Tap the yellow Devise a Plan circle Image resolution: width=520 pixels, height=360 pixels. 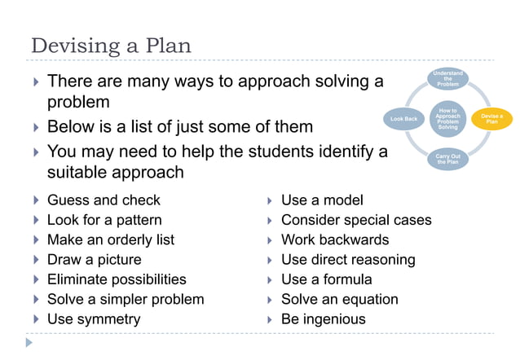[x=491, y=119]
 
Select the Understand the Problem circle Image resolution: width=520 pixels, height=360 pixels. [x=447, y=79]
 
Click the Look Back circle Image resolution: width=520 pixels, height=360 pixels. [x=403, y=119]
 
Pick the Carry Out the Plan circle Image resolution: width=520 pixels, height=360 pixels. [x=447, y=159]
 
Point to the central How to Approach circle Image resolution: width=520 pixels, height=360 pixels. [x=447, y=119]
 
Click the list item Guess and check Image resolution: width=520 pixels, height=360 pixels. [x=104, y=200]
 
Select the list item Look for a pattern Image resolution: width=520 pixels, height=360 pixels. [x=104, y=220]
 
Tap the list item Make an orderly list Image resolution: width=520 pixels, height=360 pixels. [x=110, y=239]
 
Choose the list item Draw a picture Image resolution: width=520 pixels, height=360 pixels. [x=94, y=260]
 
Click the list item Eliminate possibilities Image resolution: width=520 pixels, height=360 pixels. [x=117, y=279]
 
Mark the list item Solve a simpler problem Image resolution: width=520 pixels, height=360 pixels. [x=126, y=299]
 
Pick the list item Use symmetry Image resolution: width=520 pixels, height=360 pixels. [x=94, y=319]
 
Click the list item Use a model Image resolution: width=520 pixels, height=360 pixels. [x=322, y=200]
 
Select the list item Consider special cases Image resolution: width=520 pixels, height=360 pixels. [x=356, y=220]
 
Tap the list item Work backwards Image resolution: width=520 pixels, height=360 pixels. [x=335, y=239]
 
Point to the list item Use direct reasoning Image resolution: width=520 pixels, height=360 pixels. [x=348, y=260]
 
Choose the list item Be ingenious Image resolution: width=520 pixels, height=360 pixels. [x=324, y=319]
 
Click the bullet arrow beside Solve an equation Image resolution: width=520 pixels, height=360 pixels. [x=269, y=300]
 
